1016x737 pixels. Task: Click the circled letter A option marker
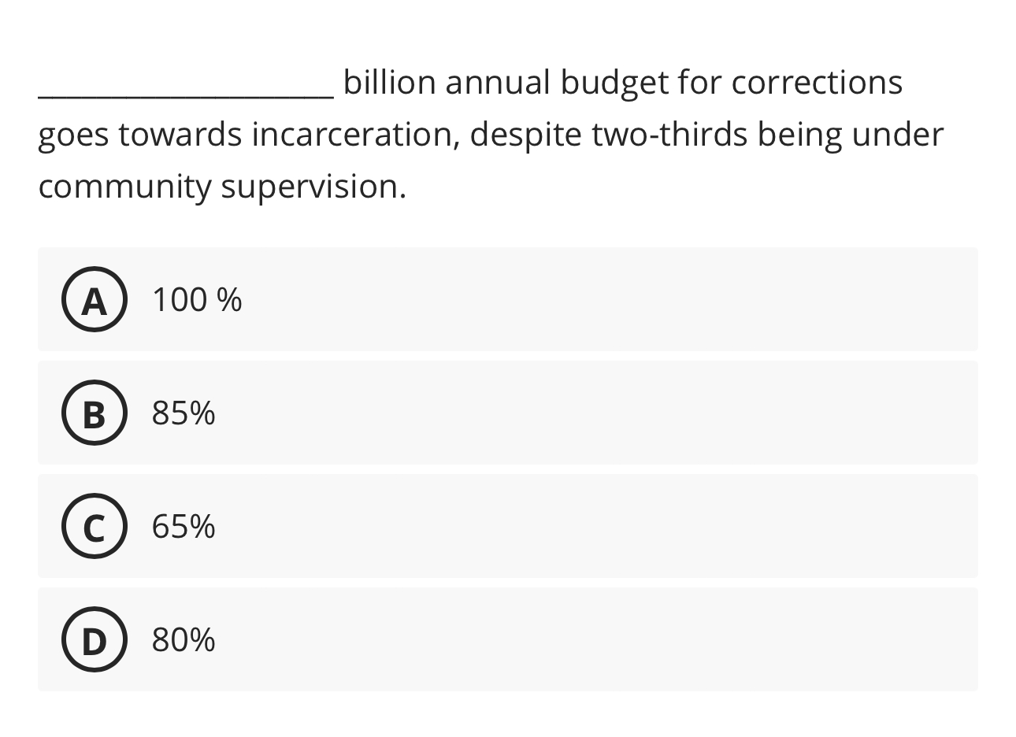coord(94,300)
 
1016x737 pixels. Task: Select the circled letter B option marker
coord(94,413)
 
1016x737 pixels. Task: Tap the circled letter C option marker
coord(94,527)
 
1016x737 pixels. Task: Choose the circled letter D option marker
coord(94,640)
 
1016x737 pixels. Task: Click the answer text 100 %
coord(197,300)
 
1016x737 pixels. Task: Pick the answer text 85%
coord(184,413)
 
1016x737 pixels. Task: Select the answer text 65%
coord(184,527)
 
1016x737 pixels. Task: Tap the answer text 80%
coord(184,640)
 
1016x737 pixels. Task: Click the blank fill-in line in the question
coord(186,93)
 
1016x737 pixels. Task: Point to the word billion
coord(389,83)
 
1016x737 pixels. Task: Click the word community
coord(124,188)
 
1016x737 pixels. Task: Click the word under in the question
coord(900,135)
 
